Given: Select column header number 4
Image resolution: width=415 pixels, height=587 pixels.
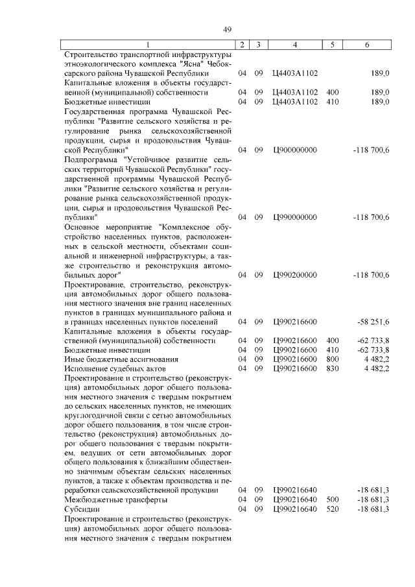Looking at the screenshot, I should click(x=295, y=44).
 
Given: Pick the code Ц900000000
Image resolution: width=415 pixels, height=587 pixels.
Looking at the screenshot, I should click(x=295, y=150).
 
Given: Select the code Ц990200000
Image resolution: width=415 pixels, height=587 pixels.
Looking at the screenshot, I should click(x=295, y=275).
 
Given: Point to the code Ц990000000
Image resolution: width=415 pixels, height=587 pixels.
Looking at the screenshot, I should click(x=295, y=217).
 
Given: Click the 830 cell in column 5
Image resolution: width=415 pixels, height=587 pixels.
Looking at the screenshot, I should click(x=332, y=368).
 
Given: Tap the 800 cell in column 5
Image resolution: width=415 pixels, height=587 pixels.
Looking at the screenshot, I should click(x=332, y=359).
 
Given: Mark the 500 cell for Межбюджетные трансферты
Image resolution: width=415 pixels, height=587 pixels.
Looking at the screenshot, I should click(x=332, y=500).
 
